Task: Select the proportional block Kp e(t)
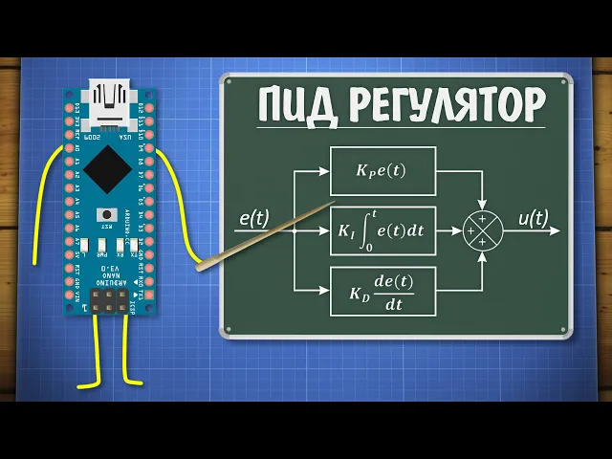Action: tap(382, 171)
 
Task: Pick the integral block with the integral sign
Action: tap(382, 230)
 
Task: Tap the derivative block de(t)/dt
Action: tap(382, 292)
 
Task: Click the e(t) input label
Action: tap(253, 218)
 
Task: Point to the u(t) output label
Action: tap(533, 218)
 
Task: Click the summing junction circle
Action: tap(482, 230)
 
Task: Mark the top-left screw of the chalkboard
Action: tap(229, 79)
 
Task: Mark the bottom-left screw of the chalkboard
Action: tap(227, 332)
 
